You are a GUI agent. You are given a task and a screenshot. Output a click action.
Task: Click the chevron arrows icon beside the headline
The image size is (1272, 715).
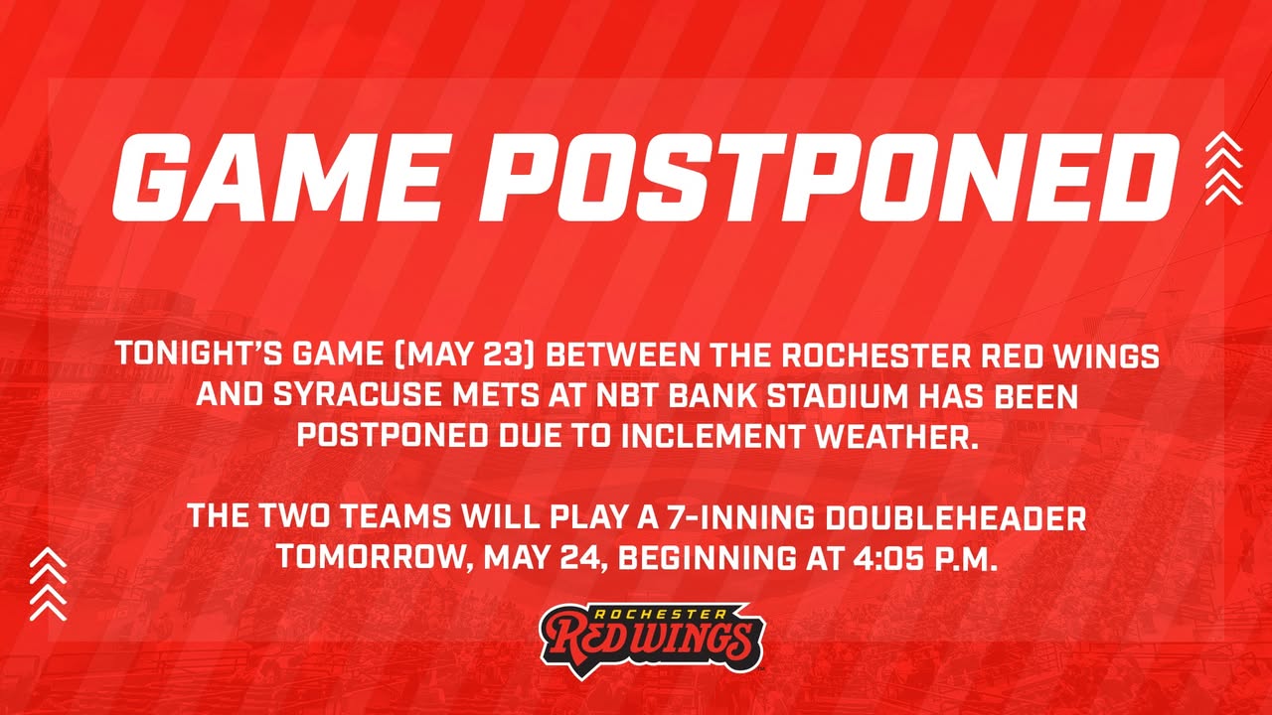click(1223, 168)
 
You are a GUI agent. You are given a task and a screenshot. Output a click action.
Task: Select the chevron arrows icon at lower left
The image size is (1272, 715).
click(49, 584)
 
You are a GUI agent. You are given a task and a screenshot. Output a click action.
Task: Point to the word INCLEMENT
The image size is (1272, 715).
click(713, 436)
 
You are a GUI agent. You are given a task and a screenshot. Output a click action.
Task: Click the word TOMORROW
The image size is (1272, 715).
click(375, 558)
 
